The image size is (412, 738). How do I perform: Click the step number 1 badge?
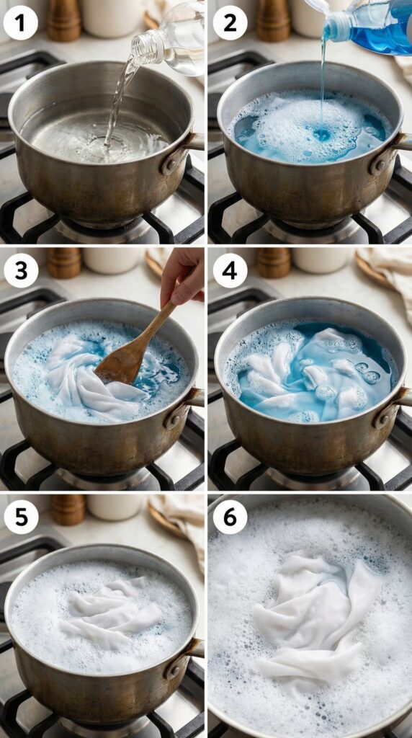[x=21, y=23]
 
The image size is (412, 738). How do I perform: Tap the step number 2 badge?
[x=230, y=23]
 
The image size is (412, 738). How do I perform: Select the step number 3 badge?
[x=21, y=271]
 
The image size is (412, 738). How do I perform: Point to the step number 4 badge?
[x=230, y=271]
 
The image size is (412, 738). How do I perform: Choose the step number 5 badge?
[x=21, y=517]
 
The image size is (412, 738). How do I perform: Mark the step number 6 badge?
[x=230, y=517]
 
